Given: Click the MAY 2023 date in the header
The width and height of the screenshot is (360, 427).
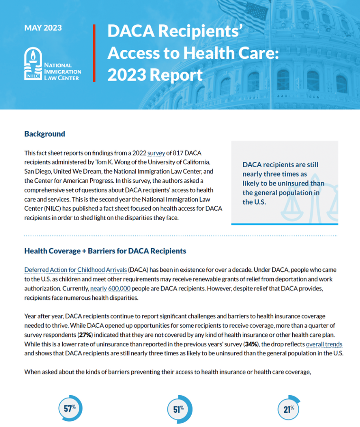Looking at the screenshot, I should tap(43, 28).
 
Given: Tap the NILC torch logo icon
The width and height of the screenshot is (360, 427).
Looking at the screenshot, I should tap(32, 65).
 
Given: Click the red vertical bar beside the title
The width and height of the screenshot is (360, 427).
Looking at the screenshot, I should tap(94, 53).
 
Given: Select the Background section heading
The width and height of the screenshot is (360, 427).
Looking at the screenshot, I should tap(45, 134).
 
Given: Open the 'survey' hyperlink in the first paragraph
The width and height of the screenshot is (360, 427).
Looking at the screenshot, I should tap(156, 153).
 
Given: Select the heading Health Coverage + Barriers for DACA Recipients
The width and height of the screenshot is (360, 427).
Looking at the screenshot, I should tap(105, 251).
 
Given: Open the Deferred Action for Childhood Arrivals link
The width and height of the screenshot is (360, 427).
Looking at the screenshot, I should tap(75, 269).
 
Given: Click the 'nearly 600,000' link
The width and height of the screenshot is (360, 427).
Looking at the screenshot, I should tap(110, 288).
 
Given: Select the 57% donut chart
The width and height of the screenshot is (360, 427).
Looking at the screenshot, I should tap(70, 408).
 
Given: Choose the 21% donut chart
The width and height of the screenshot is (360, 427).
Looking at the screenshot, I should tap(289, 408).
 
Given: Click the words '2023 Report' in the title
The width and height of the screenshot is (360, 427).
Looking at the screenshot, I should tap(155, 74).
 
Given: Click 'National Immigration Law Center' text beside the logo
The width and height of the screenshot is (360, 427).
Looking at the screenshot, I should tap(62, 71).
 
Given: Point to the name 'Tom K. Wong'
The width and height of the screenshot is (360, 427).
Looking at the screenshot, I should tap(112, 162).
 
